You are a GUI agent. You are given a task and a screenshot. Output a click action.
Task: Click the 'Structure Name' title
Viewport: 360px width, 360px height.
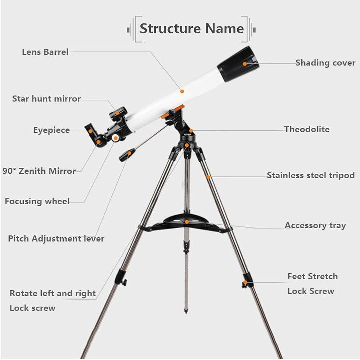pos(192,29)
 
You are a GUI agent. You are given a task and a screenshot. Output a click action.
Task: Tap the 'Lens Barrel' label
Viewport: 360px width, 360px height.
pos(45,52)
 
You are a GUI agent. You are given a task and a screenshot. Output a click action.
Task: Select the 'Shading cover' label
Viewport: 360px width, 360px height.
pos(325,63)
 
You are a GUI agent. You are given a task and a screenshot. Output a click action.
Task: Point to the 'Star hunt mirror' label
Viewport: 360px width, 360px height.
pos(46,99)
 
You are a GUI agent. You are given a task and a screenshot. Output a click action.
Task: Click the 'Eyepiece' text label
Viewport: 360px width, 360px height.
pos(51,130)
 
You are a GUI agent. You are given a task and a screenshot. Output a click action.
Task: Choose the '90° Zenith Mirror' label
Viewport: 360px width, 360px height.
pos(39,171)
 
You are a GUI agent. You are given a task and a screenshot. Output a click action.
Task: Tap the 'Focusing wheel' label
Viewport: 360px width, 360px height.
pos(37,201)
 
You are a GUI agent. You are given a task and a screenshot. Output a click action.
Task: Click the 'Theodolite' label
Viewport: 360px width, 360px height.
pos(307,129)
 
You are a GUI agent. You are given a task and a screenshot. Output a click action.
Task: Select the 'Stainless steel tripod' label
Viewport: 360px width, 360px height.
pos(311,175)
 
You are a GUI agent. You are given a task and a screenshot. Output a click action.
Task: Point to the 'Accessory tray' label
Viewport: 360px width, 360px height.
pos(315,225)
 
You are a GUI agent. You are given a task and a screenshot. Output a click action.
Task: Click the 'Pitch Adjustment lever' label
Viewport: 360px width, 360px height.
pos(56,239)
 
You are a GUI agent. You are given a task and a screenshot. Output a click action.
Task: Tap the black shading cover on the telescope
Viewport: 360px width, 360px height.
pos(238,64)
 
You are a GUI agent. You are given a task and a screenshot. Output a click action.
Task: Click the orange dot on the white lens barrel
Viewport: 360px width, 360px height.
pos(182,91)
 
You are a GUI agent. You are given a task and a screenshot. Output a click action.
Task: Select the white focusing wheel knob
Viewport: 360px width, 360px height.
pos(116,138)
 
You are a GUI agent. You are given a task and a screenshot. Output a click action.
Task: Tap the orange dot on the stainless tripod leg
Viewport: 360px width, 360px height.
pos(208,177)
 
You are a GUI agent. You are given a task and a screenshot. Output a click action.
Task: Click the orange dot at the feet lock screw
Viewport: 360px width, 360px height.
pos(245,282)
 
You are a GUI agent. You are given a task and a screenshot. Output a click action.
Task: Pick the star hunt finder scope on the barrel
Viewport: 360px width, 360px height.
pos(118,113)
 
